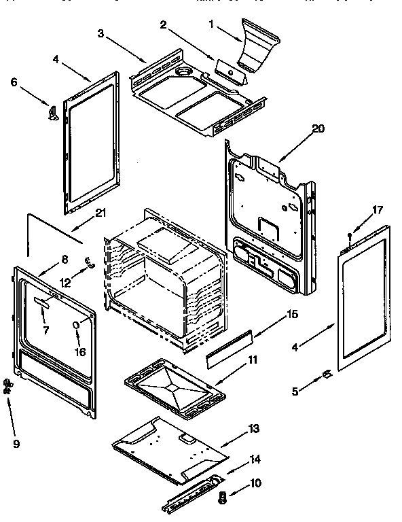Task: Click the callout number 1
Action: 211,24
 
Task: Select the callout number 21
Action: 101,213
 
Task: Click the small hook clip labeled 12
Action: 88,262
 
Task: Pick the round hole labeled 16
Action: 76,326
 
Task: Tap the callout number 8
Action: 65,258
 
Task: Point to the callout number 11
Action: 252,359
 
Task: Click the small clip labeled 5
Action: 326,373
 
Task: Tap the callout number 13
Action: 253,429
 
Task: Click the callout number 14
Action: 253,459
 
